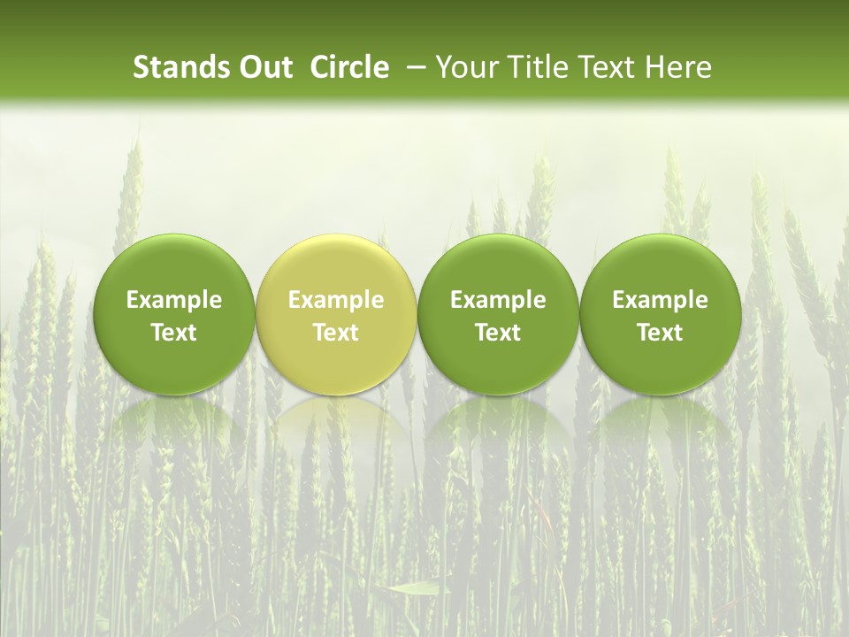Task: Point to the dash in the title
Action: coord(412,67)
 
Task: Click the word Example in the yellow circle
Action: coord(336,300)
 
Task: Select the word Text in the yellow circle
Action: coord(336,333)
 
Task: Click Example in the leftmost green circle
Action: coord(174,300)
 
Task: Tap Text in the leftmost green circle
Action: coord(174,333)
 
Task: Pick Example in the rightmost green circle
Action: coord(660,300)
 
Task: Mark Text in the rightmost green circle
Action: coord(660,333)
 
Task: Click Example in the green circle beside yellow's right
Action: coord(498,300)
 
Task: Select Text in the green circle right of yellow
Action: coord(498,333)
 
